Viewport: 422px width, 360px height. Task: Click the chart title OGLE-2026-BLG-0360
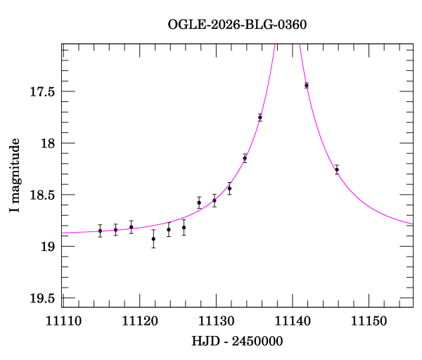pos(237,25)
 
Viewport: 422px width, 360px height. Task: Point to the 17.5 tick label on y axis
pos(41,92)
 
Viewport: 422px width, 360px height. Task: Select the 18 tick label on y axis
pos(47,143)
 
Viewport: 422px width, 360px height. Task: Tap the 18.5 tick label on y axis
pos(41,195)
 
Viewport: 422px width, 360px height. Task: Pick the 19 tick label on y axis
pos(47,247)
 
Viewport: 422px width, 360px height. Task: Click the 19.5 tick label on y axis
pos(41,299)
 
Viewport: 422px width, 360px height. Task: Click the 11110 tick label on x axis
pos(62,321)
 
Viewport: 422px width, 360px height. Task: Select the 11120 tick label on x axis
pos(139,321)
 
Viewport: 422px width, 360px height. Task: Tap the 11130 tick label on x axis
pos(215,321)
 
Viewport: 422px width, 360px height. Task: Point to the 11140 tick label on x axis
pos(292,321)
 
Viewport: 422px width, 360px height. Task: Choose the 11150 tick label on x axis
pos(369,321)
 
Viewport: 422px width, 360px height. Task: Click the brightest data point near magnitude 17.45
pos(307,85)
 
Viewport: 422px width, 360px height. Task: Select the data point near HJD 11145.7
pos(337,169)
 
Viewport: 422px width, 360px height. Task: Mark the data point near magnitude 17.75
pos(260,117)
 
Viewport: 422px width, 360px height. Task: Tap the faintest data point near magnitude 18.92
pos(153,238)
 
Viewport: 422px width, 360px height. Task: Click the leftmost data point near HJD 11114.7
pos(100,231)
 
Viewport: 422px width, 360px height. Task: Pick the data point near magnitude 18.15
pos(245,158)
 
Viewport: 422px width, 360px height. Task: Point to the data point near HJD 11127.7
pos(199,202)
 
